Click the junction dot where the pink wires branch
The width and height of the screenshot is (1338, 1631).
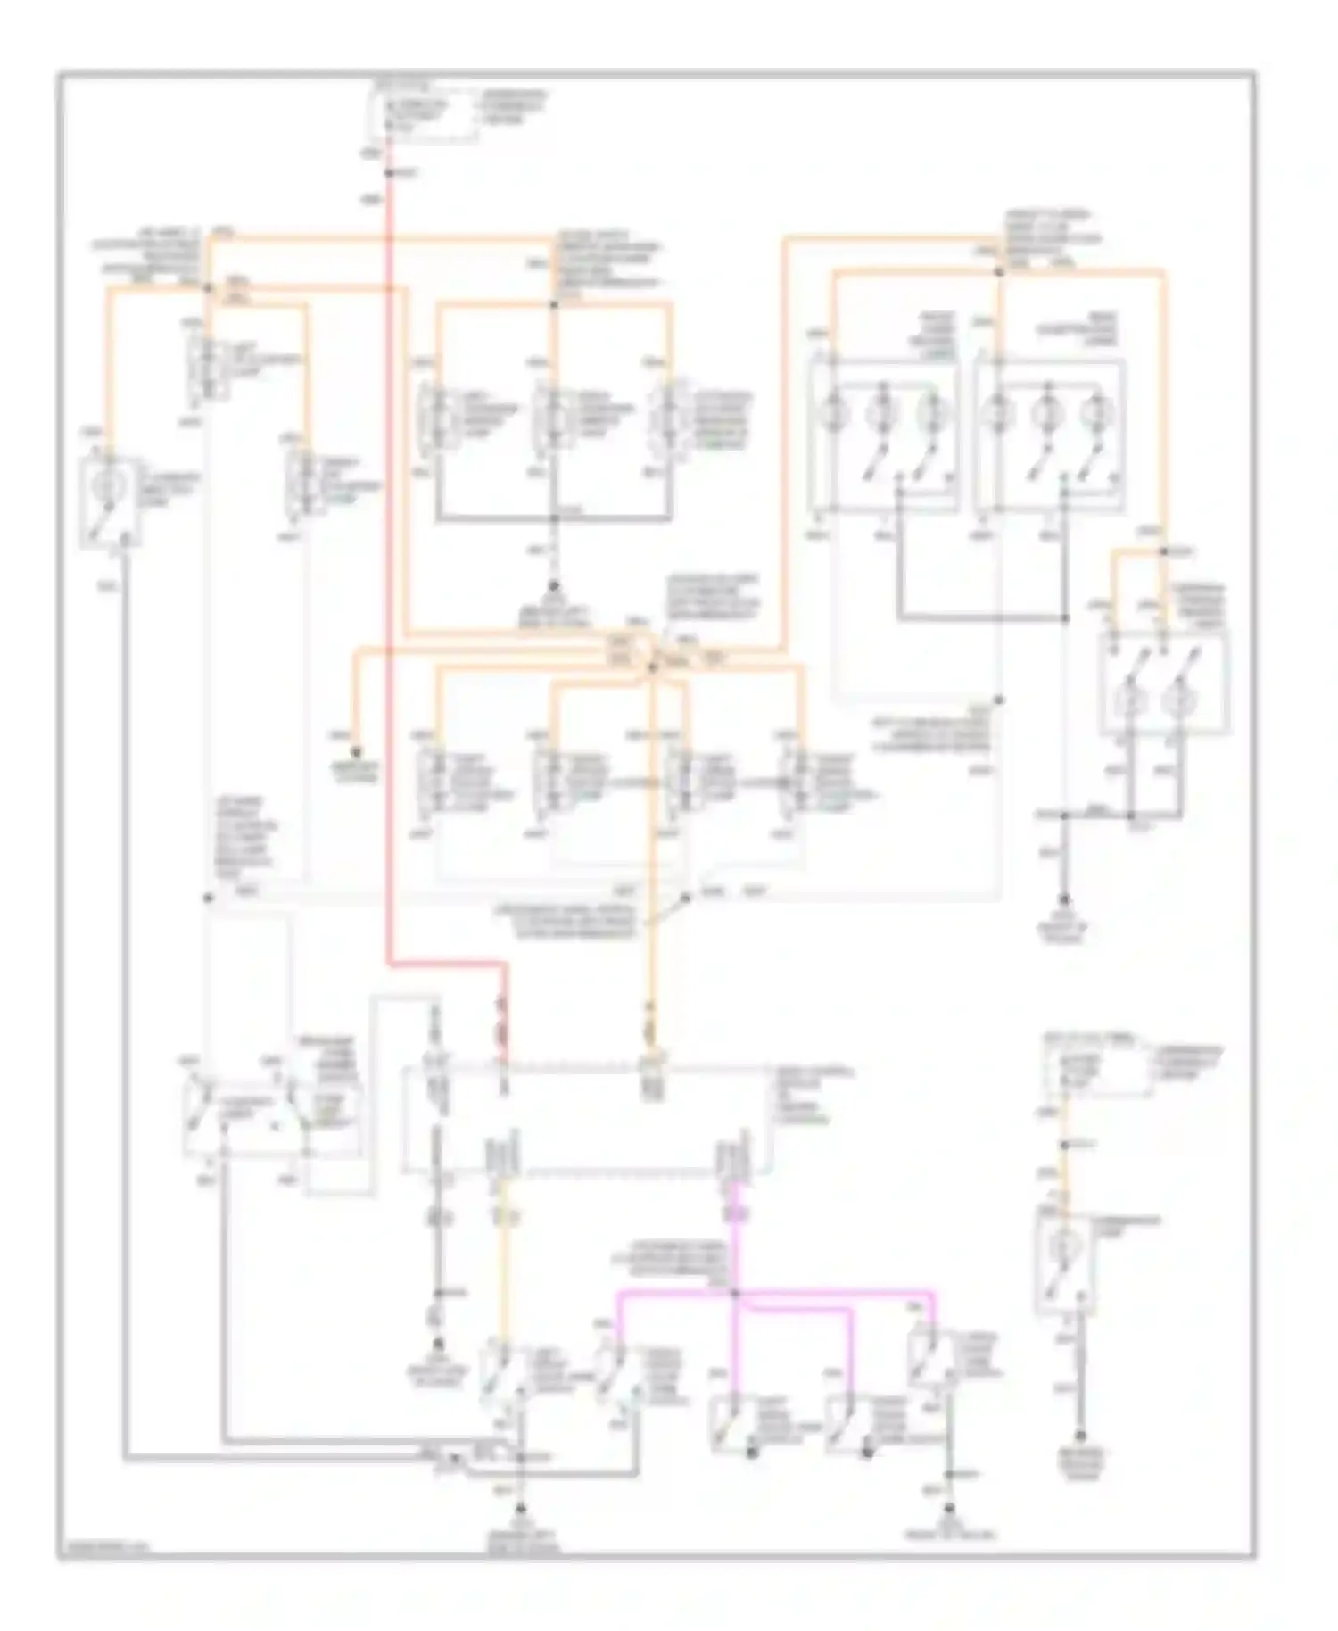click(735, 1292)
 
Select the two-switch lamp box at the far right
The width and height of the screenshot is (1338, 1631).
click(1164, 683)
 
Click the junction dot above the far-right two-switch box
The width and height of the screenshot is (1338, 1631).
click(1164, 552)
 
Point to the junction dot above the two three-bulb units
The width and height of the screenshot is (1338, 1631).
click(999, 269)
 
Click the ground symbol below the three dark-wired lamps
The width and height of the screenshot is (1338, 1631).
click(553, 586)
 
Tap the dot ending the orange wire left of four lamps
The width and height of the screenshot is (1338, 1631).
click(356, 751)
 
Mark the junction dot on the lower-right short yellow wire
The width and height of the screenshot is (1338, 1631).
click(1064, 1145)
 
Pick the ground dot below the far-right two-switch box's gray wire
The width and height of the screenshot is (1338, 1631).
click(1065, 901)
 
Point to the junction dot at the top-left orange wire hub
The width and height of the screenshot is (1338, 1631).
click(207, 287)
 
